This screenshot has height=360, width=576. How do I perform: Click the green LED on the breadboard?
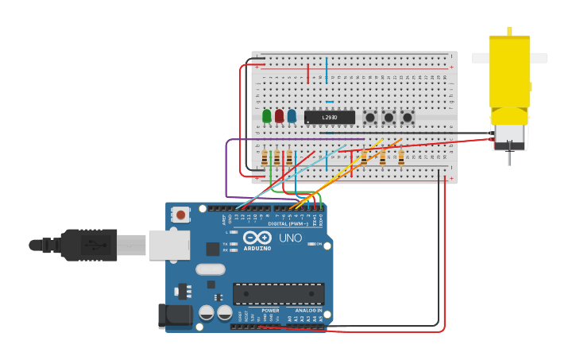click(267, 117)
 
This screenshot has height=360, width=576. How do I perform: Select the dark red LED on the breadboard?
click(279, 117)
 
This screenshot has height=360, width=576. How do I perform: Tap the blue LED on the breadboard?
click(292, 117)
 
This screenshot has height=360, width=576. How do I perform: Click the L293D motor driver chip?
click(330, 118)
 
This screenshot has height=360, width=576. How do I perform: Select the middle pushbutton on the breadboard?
click(389, 118)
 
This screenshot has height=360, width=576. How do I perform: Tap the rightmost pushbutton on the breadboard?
click(408, 118)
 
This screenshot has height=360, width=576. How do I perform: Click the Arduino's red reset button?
click(182, 215)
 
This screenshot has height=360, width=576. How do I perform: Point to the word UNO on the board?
click(290, 238)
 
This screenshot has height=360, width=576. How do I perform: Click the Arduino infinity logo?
click(257, 237)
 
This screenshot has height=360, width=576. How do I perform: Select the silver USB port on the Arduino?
click(168, 245)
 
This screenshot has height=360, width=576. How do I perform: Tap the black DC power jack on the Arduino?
click(175, 315)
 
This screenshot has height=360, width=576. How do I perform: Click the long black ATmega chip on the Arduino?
click(278, 292)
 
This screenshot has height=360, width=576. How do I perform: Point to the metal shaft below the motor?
click(509, 157)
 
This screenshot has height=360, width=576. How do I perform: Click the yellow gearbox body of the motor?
click(509, 72)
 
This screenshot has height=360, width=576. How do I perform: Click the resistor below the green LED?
click(265, 158)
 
